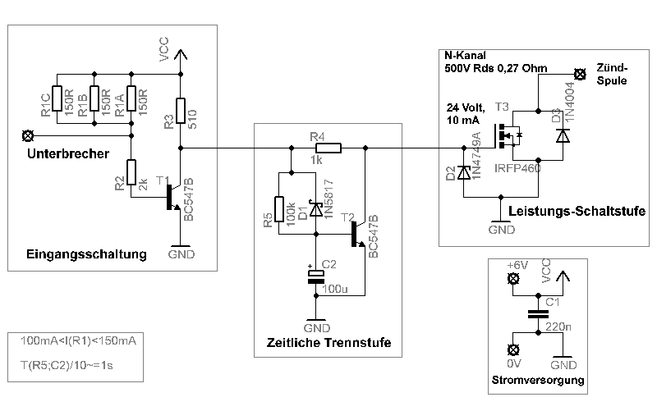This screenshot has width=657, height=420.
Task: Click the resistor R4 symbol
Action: (328, 148)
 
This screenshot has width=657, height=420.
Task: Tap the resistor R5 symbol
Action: (279, 210)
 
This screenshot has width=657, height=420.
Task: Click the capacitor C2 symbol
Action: (315, 276)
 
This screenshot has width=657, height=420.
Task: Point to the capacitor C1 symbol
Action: (538, 314)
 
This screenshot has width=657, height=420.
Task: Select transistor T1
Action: (173, 197)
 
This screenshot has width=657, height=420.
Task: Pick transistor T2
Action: (356, 234)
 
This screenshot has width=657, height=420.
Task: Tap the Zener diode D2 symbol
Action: (464, 172)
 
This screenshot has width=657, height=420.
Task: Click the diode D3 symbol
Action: (563, 135)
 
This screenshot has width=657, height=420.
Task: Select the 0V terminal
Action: (515, 348)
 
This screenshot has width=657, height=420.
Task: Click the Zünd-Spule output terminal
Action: (580, 74)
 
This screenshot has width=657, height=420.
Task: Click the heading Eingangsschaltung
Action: (86, 253)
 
